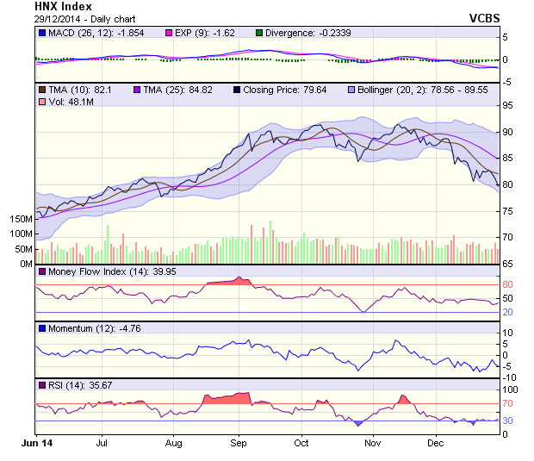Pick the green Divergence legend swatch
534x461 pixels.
click(258, 33)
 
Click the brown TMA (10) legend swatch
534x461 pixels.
click(40, 90)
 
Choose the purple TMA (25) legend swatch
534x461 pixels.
click(136, 90)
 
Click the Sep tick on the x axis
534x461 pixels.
click(239, 444)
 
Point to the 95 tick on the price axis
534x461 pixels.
click(508, 105)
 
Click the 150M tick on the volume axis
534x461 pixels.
click(18, 219)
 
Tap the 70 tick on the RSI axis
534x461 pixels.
click(508, 403)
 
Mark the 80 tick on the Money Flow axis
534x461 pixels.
click(508, 284)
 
